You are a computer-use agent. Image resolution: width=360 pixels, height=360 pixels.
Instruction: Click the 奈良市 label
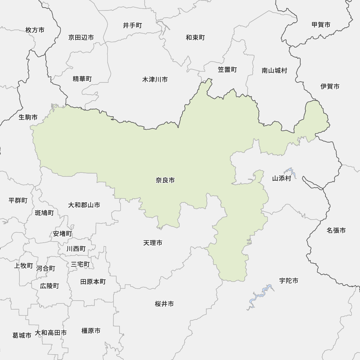coord(165,180)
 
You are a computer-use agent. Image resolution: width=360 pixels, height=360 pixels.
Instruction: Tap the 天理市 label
coord(153,243)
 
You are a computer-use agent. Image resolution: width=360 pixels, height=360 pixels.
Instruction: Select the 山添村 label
coord(282,178)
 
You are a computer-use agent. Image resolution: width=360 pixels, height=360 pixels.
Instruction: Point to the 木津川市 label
coord(155,80)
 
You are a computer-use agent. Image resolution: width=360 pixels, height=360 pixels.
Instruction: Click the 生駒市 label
coord(28,117)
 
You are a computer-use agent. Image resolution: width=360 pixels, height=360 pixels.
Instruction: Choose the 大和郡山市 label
coord(84,205)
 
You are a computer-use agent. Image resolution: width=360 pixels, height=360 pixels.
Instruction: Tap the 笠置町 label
coord(227,70)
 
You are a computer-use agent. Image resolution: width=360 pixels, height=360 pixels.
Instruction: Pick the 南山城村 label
coord(275,71)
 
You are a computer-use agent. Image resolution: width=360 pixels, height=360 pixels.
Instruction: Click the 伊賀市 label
coord(330,86)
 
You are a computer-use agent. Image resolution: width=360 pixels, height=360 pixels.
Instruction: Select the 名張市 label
coord(336,230)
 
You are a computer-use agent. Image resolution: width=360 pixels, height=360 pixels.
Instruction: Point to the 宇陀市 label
coord(289,281)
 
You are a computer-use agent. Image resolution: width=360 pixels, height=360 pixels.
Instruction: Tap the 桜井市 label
coord(165,304)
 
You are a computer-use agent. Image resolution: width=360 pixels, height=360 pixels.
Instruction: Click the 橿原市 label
coord(91,330)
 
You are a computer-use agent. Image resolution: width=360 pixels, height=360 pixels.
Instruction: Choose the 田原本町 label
coord(93,282)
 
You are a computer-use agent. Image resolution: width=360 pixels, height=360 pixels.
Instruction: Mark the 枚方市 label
coord(35,30)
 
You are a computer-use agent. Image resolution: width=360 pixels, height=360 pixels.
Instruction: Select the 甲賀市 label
coord(321,25)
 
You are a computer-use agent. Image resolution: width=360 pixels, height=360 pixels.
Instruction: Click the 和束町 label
coord(195,37)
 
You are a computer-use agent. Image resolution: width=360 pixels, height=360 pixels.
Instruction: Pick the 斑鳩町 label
coord(44,213)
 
